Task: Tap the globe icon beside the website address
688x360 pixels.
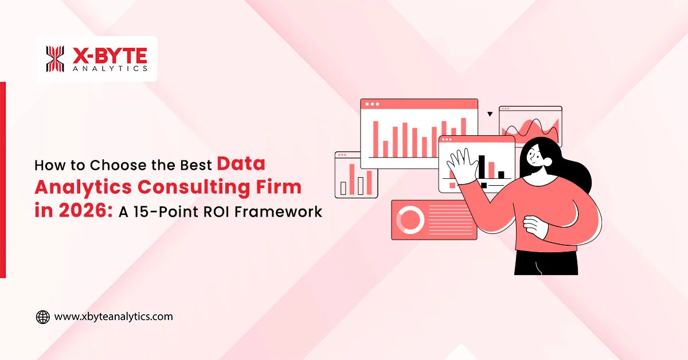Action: click(x=43, y=316)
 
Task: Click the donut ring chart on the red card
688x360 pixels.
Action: click(x=410, y=220)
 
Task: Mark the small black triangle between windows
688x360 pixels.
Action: click(x=490, y=114)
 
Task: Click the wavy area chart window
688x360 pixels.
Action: click(x=530, y=126)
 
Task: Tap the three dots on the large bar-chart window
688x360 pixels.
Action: click(x=372, y=104)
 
